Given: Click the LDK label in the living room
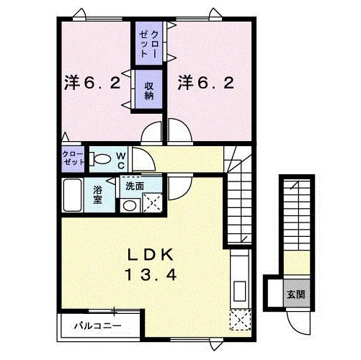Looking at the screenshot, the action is [151, 255].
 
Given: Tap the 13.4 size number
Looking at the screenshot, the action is [151, 275].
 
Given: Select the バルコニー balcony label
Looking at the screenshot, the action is [98, 326].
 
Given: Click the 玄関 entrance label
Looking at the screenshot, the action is [296, 294].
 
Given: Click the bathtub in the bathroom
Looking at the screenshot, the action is [72, 195].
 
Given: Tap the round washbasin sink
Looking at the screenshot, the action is [130, 205].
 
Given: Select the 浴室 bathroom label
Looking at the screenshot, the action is [98, 194].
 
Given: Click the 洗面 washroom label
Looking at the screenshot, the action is [135, 186].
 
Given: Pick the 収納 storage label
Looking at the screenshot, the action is [149, 91].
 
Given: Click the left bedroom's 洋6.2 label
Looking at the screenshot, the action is [92, 83].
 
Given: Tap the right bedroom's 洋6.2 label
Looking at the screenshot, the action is [206, 83].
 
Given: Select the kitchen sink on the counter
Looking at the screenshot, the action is [239, 291].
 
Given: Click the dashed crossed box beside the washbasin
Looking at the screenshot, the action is [153, 203].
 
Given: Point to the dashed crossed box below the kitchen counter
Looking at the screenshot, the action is [241, 320].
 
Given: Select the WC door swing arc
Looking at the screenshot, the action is [148, 156].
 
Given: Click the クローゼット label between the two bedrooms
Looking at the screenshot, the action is [149, 44].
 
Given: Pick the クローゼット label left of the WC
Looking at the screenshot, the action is [73, 158].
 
